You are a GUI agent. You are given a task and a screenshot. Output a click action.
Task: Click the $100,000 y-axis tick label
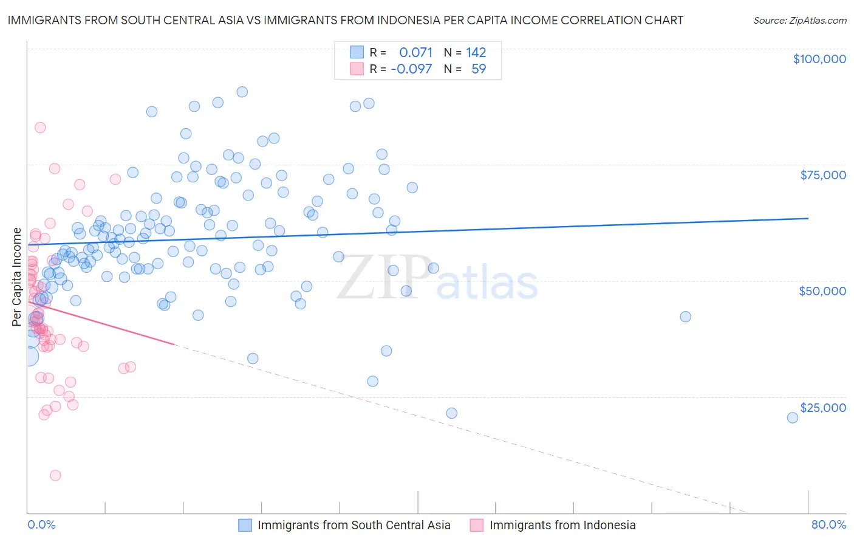pyautogui.click(x=819, y=59)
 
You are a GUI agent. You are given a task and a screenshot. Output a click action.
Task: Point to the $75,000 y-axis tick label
pyautogui.click(x=822, y=175)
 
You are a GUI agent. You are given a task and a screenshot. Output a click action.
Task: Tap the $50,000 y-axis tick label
pyautogui.click(x=822, y=291)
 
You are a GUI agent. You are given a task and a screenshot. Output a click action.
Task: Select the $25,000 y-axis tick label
pyautogui.click(x=822, y=408)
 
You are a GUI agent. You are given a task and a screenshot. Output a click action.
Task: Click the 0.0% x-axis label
pyautogui.click(x=41, y=525)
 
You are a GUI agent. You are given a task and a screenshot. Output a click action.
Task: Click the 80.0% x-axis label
pyautogui.click(x=828, y=525)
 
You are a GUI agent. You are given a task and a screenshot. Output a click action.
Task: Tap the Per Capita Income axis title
pyautogui.click(x=17, y=276)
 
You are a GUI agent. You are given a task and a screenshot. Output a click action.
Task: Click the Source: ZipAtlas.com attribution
pyautogui.click(x=799, y=21)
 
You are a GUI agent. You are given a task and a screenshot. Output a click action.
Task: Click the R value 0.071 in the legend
pyautogui.click(x=415, y=53)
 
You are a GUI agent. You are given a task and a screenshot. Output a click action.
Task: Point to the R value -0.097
pyautogui.click(x=411, y=69)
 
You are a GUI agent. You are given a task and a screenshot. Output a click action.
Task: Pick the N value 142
pyautogui.click(x=476, y=53)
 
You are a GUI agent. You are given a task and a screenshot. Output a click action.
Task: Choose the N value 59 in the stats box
pyautogui.click(x=479, y=69)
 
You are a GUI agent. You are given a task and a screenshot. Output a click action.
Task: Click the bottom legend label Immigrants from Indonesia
pyautogui.click(x=562, y=526)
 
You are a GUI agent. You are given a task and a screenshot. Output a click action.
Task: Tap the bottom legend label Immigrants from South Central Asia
pyautogui.click(x=354, y=526)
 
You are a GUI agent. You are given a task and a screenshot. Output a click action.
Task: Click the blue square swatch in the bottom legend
pyautogui.click(x=245, y=526)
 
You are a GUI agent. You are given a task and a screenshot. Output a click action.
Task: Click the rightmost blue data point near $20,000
pyautogui.click(x=792, y=417)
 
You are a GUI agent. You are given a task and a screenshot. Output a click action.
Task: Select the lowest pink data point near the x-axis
pyautogui.click(x=55, y=475)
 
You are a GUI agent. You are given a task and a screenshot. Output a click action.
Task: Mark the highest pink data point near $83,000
pyautogui.click(x=40, y=128)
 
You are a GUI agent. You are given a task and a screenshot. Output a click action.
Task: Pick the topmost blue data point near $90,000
pyautogui.click(x=242, y=92)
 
